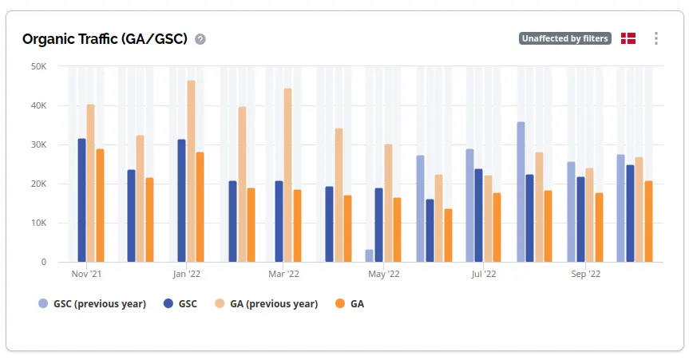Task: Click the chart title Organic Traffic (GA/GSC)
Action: pos(105,39)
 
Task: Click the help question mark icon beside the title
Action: pos(200,39)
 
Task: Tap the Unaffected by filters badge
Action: pos(564,38)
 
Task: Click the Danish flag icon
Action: pos(628,38)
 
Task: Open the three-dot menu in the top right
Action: pos(656,38)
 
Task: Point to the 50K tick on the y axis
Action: pos(38,66)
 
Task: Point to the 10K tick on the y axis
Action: pos(38,223)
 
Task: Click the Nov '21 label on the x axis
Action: pos(86,274)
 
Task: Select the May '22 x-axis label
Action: pos(384,274)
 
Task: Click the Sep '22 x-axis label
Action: pos(585,274)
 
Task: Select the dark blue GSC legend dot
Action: pos(168,304)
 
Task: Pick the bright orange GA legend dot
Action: pos(339,304)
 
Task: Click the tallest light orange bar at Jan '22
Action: pos(191,171)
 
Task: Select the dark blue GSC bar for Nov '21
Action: pos(81,200)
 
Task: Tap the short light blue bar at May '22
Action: pos(369,255)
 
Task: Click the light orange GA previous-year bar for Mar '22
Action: pos(287,175)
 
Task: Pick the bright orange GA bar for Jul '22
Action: pos(497,227)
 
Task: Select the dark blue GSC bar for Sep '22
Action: pos(580,220)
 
